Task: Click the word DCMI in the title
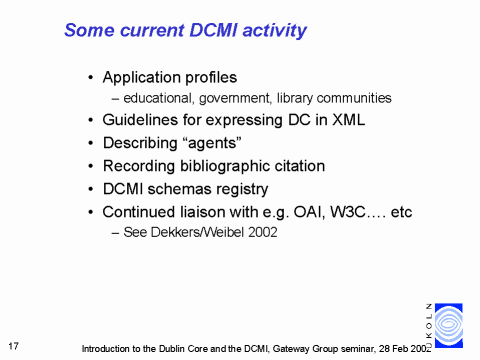214,30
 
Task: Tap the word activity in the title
275,31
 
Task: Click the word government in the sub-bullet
235,98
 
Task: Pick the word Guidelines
140,120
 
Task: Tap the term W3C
348,212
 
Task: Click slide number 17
13,346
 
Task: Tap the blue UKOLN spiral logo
449,325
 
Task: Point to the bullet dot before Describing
91,143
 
